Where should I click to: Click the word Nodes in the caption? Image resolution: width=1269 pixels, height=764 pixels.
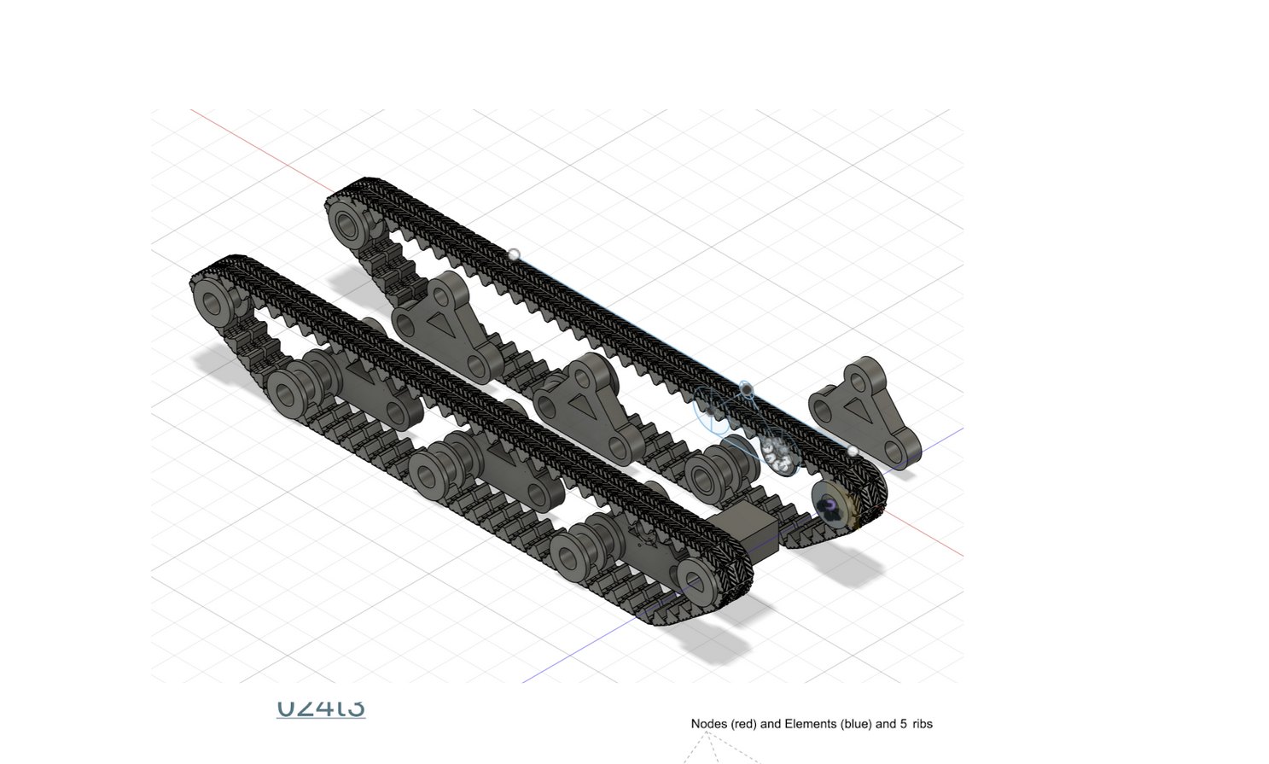tap(708, 724)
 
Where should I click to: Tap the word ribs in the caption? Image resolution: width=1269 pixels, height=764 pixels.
tap(922, 724)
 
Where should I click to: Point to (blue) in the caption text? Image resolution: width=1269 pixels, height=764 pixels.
tap(854, 724)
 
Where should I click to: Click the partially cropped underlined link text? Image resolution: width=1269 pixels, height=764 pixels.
tap(321, 708)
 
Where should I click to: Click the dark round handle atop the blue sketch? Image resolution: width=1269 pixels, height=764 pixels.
tap(747, 390)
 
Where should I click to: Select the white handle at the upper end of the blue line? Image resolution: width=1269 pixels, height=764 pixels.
tap(514, 254)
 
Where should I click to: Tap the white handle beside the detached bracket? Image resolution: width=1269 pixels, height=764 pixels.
tap(852, 451)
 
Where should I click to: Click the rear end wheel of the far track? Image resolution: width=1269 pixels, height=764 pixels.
tap(347, 226)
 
